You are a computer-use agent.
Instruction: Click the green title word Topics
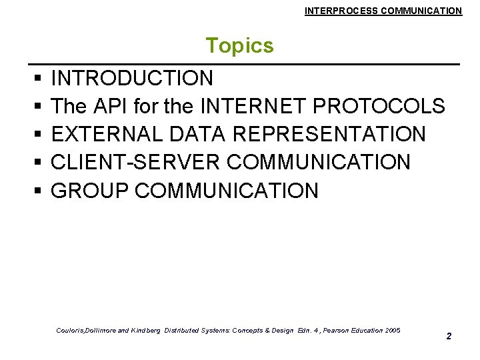[239, 46]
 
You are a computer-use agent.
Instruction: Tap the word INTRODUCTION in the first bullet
[132, 79]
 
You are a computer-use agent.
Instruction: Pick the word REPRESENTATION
[328, 135]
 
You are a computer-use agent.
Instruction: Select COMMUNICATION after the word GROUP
[227, 191]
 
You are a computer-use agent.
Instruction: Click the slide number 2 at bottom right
[449, 336]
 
